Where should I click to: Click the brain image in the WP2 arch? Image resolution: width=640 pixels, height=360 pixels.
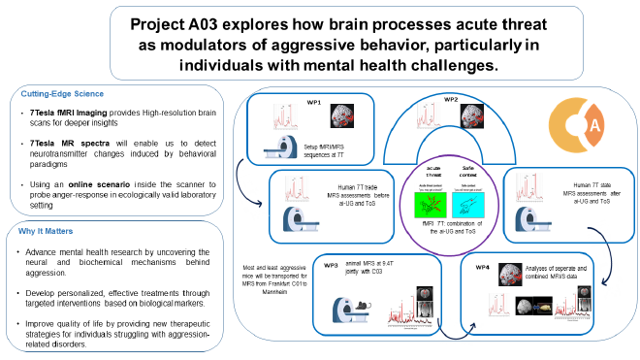473,124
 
